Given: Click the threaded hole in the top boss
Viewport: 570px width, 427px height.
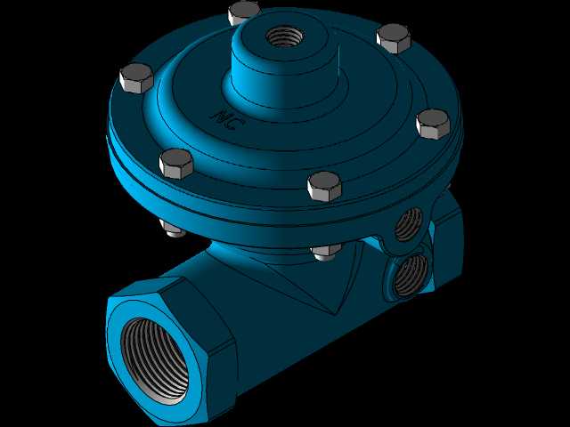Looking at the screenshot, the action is pos(285,36).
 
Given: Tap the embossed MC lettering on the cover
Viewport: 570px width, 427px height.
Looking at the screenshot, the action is pos(228,118).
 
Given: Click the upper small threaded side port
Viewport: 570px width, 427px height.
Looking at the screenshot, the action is pos(409,224).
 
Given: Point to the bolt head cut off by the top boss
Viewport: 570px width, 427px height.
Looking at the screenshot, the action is pos(243,12).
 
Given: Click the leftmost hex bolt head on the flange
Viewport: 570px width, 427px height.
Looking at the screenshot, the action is pos(136,78).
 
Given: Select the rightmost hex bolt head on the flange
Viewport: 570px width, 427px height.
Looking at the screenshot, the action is pos(433,125).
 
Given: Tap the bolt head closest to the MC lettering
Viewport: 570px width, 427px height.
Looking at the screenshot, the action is pos(176,164).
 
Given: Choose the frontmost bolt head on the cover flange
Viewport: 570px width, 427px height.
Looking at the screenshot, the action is pos(324,187).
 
